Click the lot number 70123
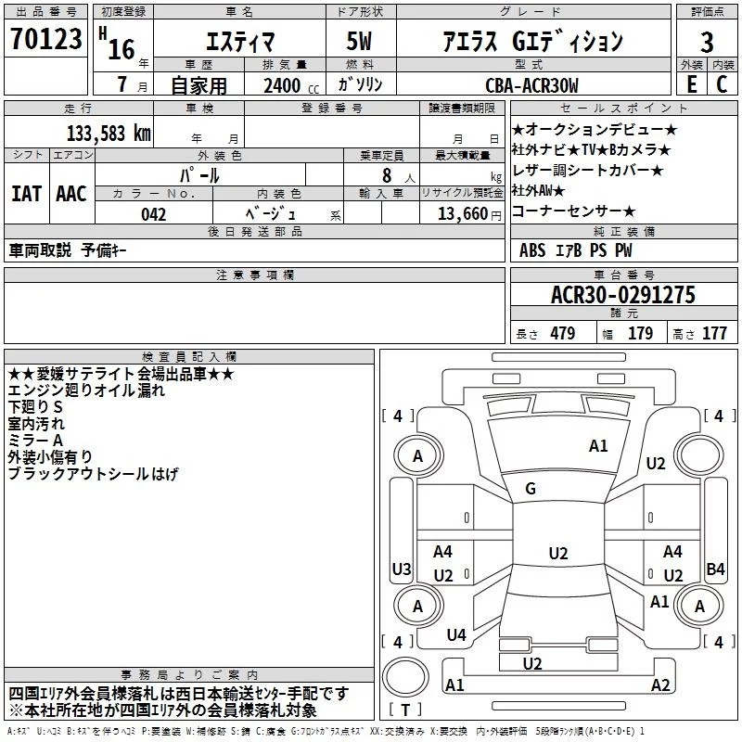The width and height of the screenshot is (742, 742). coord(45,39)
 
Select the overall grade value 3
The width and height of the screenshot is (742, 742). coord(707,43)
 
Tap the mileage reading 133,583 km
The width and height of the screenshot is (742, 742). coord(109,134)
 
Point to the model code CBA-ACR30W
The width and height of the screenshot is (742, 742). coord(531,85)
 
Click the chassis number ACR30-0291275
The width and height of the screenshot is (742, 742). coord(623,295)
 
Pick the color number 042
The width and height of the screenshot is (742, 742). coord(153,214)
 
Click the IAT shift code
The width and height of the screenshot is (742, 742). coord(27,194)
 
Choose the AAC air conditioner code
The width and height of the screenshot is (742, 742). coord(71,194)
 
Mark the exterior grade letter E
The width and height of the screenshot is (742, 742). coord(692,84)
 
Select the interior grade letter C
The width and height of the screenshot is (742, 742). coord(722,84)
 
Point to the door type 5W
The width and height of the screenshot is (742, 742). coord(359,42)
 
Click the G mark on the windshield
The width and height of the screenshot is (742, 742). coord(531,489)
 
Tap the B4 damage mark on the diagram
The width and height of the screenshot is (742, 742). coord(715,569)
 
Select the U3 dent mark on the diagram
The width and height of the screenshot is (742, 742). coord(402,569)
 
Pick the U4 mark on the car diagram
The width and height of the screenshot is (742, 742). coord(456,634)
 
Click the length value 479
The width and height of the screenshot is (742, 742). coord(563,333)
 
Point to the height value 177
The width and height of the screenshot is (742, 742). coord(714,333)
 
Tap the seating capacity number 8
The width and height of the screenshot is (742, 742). coord(387,175)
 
